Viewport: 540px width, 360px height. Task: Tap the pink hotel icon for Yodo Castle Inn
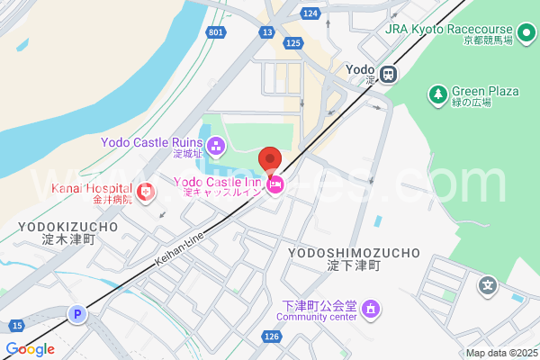pos(276,186)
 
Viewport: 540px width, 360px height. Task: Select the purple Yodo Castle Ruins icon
pos(216,145)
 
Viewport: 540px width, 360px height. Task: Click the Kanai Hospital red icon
pos(146,191)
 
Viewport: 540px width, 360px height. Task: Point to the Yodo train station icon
pos(389,74)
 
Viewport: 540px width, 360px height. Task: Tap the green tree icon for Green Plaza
pos(437,94)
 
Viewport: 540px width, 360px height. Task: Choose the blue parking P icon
pos(78,314)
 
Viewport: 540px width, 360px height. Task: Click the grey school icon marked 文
pos(488,285)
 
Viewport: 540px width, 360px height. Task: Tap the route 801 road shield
pos(215,32)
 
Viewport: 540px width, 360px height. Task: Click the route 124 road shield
pos(310,13)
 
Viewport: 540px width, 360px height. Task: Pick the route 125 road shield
pos(292,42)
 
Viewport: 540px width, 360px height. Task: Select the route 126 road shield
pos(272,336)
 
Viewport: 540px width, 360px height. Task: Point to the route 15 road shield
pos(17,325)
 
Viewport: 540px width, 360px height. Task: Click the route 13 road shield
pos(267,32)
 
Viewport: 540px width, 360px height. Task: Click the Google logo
pos(30,349)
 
